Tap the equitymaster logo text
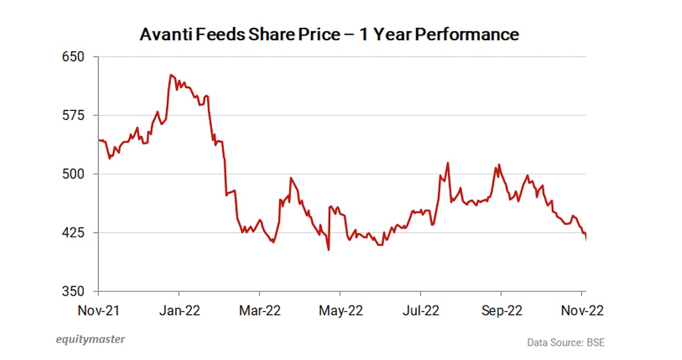coord(90,340)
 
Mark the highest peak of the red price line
coord(170,75)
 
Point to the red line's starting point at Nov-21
coord(99,140)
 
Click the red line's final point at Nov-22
coord(586,240)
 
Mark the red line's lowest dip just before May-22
coord(329,250)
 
